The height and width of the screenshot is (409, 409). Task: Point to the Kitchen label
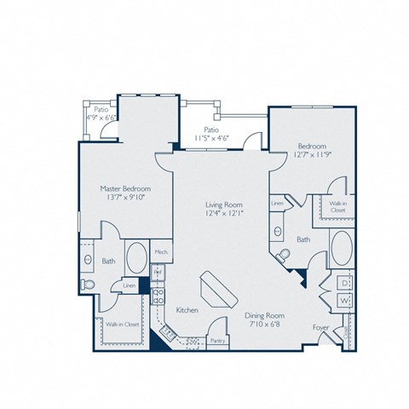point(187,310)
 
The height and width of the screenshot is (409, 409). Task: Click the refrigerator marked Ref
point(157,273)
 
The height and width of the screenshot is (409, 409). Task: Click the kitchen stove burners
point(158,297)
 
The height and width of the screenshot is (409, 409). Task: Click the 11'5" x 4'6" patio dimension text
point(212,136)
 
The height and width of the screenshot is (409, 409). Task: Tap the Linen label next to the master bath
point(129,286)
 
